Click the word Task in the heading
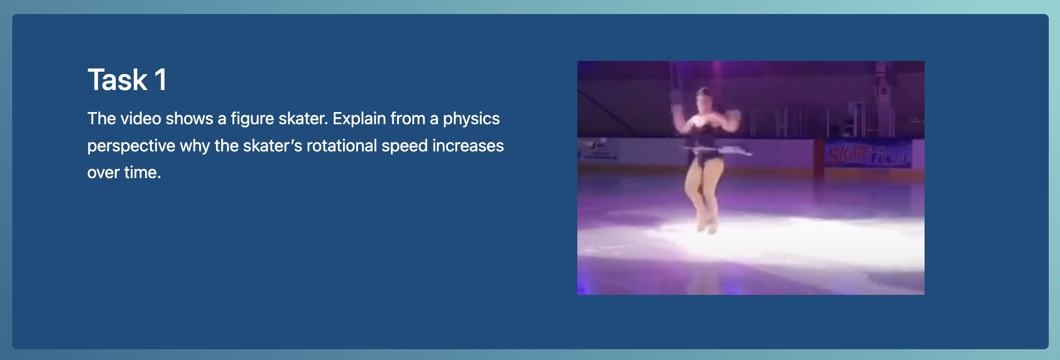point(117,80)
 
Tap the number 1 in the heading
point(161,80)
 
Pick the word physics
point(471,119)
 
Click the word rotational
point(342,146)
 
